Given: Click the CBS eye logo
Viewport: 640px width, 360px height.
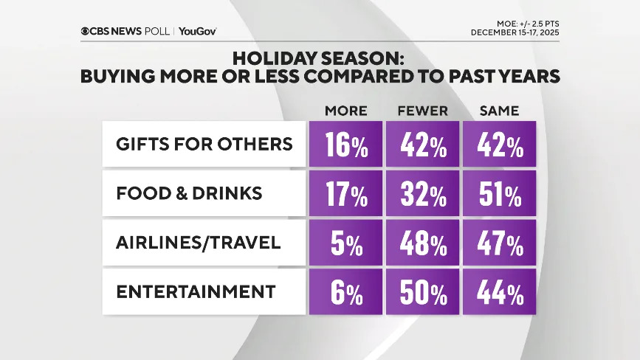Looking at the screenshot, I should [x=87, y=31].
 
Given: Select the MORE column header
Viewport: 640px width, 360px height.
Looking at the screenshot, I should [x=346, y=111].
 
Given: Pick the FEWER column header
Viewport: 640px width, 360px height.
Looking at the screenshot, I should [x=423, y=111].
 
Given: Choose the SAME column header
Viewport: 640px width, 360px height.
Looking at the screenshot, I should [x=499, y=111].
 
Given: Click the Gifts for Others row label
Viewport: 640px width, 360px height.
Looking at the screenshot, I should [x=204, y=143].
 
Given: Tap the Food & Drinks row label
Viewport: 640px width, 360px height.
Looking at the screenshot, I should [x=189, y=193].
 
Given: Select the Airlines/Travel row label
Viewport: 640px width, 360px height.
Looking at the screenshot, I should [x=199, y=243].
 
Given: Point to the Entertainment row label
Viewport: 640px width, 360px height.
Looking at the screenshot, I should [x=195, y=292].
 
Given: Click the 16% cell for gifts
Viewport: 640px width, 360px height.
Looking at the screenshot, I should [x=346, y=145].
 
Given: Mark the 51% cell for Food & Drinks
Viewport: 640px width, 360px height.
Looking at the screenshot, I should [x=499, y=195].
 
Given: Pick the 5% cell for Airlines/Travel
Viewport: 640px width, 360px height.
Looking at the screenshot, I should [x=346, y=244].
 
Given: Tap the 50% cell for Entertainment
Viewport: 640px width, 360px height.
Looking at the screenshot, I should [x=423, y=294].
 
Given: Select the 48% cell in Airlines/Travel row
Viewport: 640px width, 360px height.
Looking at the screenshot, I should [x=423, y=244].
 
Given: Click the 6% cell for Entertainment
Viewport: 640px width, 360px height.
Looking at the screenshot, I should [x=346, y=294].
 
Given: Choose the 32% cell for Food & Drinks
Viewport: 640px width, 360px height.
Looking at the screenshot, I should [x=423, y=195].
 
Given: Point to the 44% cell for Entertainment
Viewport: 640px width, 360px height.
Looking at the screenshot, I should [x=499, y=294].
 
